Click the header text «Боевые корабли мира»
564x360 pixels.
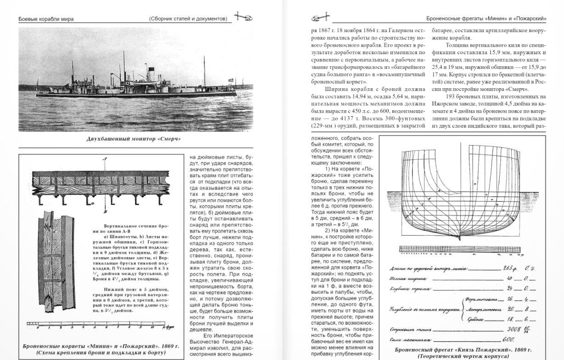point(46,19)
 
